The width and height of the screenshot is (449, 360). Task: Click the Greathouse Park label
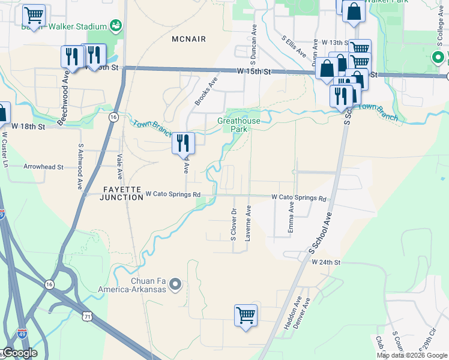coord(239,124)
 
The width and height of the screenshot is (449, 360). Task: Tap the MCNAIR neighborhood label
coord(188,39)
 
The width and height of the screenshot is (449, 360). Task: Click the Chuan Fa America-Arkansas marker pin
coord(175,284)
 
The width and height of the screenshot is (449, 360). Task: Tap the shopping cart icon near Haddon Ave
coord(246,314)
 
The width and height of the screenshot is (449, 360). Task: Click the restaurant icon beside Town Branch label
coord(184,143)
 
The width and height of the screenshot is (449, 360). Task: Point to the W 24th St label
coord(325,263)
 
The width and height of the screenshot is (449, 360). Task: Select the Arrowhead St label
coord(43,167)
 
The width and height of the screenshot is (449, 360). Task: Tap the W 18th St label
coord(28,127)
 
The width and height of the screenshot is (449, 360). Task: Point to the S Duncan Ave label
coord(255,45)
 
